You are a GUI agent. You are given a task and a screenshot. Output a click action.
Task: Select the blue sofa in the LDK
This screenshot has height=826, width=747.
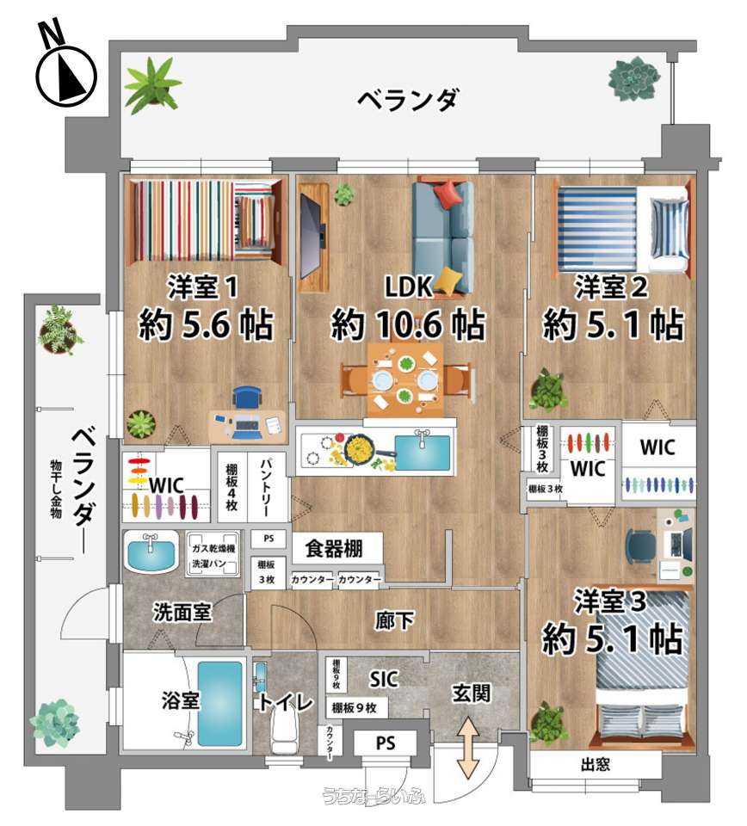[443, 237]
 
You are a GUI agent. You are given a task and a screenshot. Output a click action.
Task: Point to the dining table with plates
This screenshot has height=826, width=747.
[405, 379]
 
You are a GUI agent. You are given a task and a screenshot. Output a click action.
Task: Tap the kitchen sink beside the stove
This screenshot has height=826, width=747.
[423, 451]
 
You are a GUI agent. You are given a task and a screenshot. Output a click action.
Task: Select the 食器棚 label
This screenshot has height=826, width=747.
[334, 548]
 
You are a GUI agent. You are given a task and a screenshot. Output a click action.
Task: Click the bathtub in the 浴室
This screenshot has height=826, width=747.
[220, 703]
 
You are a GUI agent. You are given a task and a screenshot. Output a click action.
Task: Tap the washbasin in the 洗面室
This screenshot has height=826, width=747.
[151, 551]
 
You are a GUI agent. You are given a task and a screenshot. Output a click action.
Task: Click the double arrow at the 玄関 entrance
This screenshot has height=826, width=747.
[468, 748]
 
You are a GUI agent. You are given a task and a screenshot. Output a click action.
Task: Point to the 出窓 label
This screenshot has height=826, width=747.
[596, 764]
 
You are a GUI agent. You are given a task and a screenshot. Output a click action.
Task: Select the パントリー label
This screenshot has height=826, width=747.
[266, 487]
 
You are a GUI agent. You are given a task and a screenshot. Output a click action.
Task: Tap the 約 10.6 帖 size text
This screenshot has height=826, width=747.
[408, 324]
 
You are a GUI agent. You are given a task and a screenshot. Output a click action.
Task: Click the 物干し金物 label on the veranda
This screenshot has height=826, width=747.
[56, 489]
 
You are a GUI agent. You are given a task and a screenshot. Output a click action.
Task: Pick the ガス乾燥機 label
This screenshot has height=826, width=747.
[213, 548]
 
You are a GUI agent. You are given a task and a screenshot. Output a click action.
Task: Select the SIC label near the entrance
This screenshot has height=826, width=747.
[384, 679]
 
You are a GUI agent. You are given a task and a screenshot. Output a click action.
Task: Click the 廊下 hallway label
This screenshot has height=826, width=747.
[394, 620]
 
